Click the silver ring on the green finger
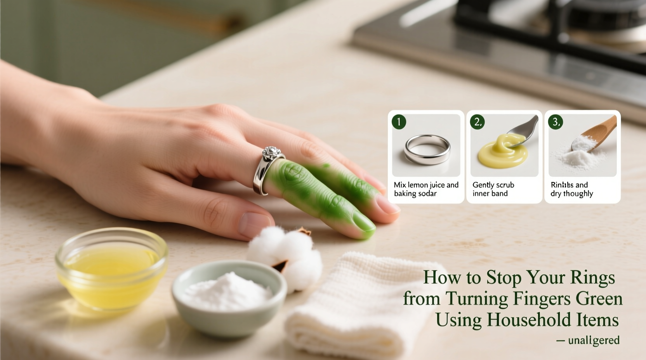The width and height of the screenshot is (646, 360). click(x=265, y=171)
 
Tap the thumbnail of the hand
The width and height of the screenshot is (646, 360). click(x=254, y=224)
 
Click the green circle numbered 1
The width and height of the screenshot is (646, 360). click(x=399, y=122)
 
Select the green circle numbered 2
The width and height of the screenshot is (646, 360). click(x=477, y=122)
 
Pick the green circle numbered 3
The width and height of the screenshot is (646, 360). click(x=556, y=122)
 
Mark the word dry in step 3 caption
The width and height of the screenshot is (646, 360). click(x=556, y=194)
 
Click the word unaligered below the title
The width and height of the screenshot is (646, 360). click(x=594, y=341)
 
